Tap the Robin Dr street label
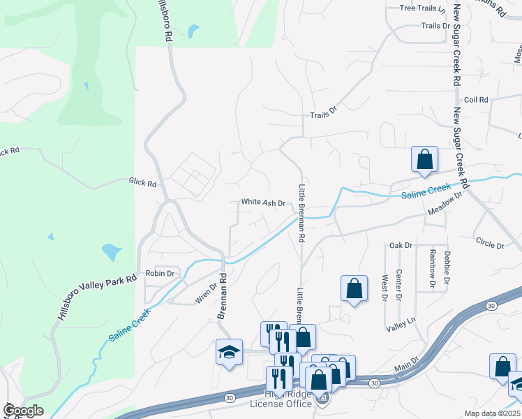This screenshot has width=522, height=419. pyautogui.click(x=159, y=273)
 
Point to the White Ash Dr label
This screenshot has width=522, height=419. pyautogui.click(x=263, y=203)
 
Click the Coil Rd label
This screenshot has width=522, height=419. pyautogui.click(x=475, y=100)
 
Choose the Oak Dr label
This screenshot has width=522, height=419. pyautogui.click(x=401, y=245)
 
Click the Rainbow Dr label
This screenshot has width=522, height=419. pyautogui.click(x=433, y=269)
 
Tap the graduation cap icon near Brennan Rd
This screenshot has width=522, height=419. pyautogui.click(x=229, y=353)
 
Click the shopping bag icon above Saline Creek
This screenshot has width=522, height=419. pyautogui.click(x=424, y=160)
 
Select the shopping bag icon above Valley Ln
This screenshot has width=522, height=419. pyautogui.click(x=354, y=289)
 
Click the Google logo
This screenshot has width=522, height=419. pyautogui.click(x=23, y=411)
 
